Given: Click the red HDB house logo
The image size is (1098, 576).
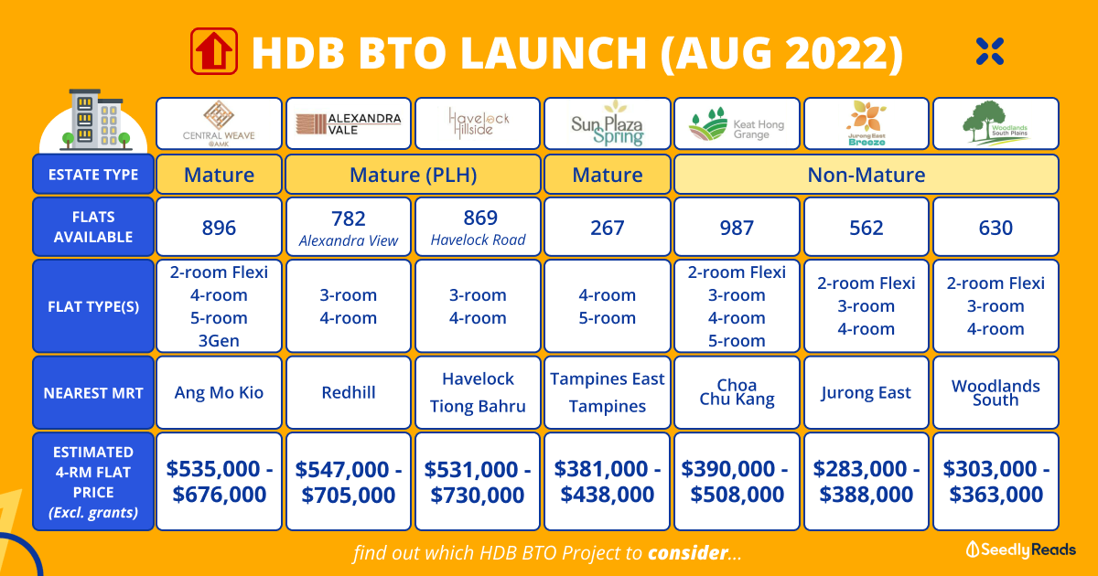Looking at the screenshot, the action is coord(214,51).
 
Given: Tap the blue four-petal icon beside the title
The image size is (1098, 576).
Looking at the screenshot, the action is coord(990,51).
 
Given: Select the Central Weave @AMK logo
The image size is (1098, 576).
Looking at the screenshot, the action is coord(219,124).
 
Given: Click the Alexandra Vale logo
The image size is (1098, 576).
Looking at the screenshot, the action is coord(349,124).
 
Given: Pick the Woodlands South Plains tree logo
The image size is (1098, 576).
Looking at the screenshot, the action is coord(996,123).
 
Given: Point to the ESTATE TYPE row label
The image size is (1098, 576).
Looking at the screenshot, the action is coord(93,175).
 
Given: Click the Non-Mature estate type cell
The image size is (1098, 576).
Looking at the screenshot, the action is coord(867,175).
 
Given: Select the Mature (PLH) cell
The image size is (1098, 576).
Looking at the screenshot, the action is coord(413,175).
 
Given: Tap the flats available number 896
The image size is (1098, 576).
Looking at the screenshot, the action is coord(219,228).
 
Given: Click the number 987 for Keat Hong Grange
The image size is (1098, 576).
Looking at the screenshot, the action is coord(737,228).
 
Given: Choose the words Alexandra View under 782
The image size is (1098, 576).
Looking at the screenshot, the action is coord(349,241).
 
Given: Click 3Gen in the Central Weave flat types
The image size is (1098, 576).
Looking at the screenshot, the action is coord(219,340).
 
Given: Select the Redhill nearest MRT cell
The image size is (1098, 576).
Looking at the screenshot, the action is coord(349,392).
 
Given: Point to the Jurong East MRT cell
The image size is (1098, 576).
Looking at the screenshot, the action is coord(867,392).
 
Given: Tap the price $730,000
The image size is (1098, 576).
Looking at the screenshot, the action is coord(478,495).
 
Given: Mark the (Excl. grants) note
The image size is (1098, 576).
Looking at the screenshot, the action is coord(93,512).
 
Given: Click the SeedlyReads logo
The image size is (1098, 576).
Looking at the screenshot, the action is coord(1020,549).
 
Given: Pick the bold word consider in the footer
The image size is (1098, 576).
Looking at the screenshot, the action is coord(688,553).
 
